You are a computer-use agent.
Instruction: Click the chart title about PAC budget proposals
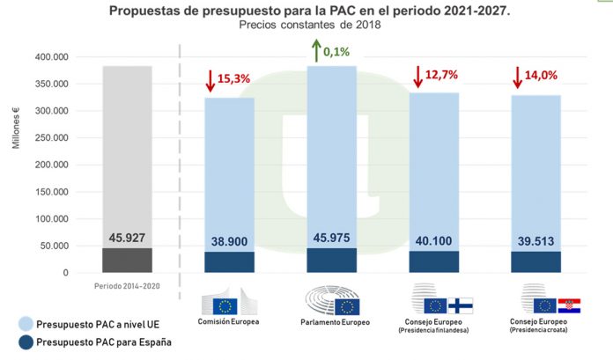(x=309, y=11)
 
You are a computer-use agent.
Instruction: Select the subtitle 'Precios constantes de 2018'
(x=308, y=26)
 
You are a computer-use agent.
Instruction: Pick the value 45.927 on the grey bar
(x=127, y=236)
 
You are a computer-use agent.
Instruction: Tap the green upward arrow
(x=313, y=49)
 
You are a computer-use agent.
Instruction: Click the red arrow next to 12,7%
(x=417, y=76)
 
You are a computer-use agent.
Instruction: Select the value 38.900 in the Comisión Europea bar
(x=229, y=239)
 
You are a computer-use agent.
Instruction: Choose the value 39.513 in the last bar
(x=536, y=239)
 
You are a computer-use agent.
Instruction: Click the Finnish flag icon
(x=460, y=305)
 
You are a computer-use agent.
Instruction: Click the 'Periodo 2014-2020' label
(x=127, y=287)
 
